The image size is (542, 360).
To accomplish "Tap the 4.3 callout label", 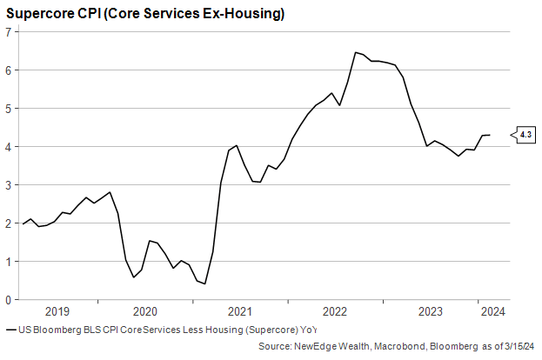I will [525, 135].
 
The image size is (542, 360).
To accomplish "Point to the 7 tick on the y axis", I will [8, 31].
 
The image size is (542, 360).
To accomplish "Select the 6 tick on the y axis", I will [8, 70].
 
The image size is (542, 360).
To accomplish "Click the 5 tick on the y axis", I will [8, 108].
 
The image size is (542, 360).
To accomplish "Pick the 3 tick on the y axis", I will [8, 184].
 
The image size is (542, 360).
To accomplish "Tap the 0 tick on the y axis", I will [8, 299].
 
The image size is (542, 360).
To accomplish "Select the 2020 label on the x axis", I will [145, 311].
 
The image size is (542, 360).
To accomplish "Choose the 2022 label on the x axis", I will [335, 311].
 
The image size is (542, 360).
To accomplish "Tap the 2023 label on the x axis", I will [430, 311].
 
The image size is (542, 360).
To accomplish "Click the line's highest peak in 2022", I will [355, 52].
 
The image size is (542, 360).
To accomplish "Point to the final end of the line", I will [491, 135].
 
